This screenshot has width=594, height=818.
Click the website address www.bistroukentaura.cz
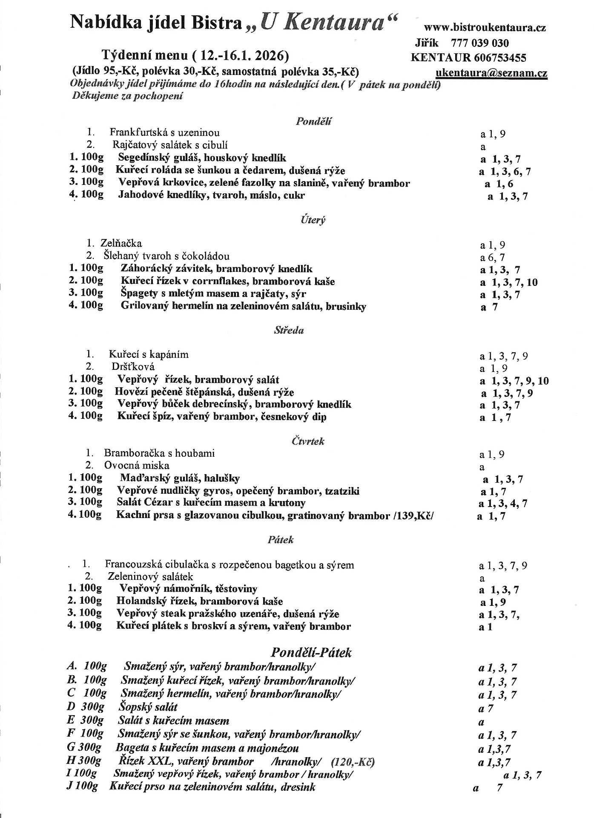(485, 28)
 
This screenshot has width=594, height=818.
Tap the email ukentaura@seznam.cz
(491, 73)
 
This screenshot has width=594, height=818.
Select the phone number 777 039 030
(479, 43)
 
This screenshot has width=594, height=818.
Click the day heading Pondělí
(313, 121)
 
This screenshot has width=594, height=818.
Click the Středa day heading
(289, 331)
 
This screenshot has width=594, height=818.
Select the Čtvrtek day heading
(308, 441)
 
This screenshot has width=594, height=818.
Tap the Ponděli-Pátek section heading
(311, 653)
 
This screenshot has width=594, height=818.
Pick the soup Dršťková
(133, 367)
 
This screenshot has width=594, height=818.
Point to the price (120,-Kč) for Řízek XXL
(352, 762)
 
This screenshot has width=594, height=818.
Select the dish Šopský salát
(147, 707)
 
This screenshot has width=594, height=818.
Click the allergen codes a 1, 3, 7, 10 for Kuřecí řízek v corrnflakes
(509, 282)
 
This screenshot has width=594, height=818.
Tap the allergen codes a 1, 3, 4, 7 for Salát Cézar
(503, 504)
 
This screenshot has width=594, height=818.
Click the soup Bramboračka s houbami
(159, 454)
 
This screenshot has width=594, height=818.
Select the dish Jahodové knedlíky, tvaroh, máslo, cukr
(211, 196)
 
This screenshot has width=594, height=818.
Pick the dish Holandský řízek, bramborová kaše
(199, 602)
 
